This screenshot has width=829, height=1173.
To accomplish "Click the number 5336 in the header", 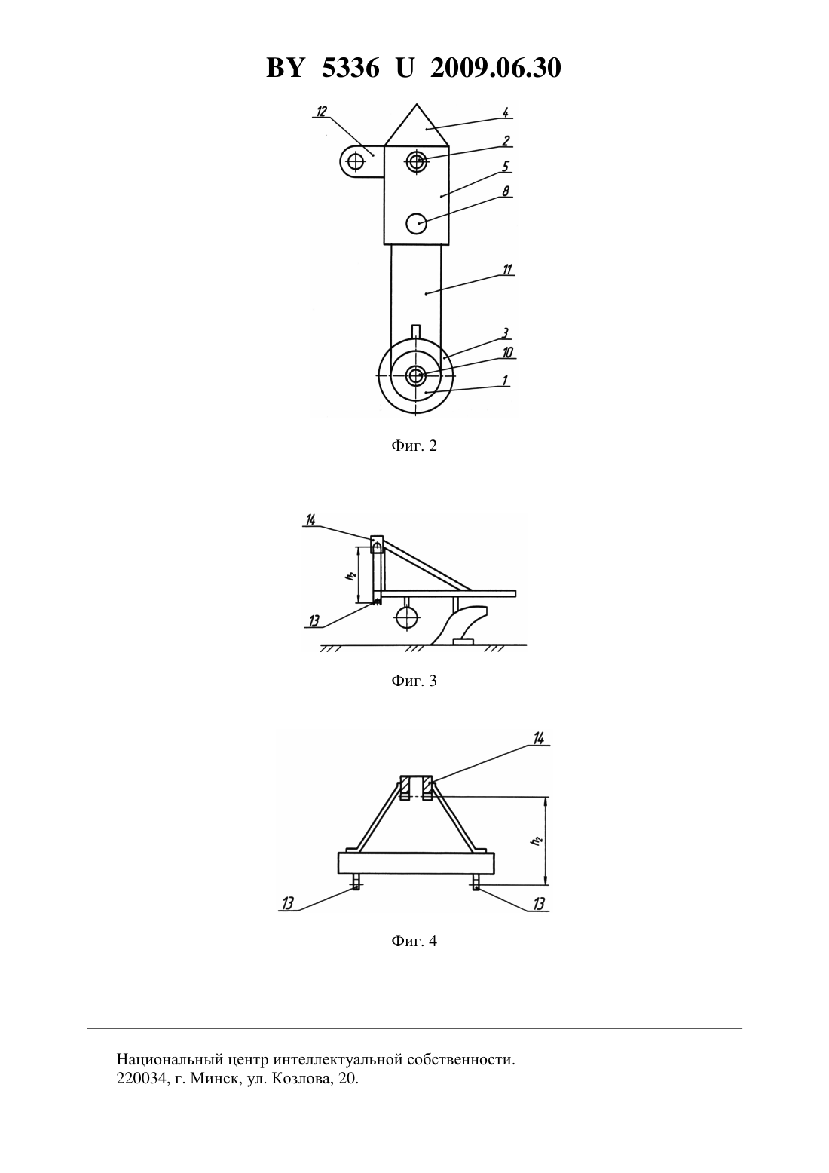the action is (350, 68).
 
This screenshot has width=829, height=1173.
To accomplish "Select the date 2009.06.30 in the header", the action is (496, 68).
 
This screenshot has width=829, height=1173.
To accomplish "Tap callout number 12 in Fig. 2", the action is (321, 112).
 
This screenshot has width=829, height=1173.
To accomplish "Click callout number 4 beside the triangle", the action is (505, 112).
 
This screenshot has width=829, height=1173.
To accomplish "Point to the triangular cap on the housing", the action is (417, 128).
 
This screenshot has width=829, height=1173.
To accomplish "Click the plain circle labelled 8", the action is (416, 224).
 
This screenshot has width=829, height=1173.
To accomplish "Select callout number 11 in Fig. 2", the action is (507, 270).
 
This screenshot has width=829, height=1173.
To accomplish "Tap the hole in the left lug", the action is (356, 161).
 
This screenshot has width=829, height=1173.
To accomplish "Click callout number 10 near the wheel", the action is (508, 352).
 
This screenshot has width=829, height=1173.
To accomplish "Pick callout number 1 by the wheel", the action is (505, 381).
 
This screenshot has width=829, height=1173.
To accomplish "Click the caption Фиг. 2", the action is (414, 446).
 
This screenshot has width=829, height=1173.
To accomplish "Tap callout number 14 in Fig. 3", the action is (310, 520).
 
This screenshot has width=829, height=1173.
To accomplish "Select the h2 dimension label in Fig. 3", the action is (353, 575).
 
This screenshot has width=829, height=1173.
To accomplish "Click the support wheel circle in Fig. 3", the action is (408, 618).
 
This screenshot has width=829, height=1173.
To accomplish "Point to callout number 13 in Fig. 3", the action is (314, 621).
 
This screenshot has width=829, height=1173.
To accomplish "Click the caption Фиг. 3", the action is (414, 681).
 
